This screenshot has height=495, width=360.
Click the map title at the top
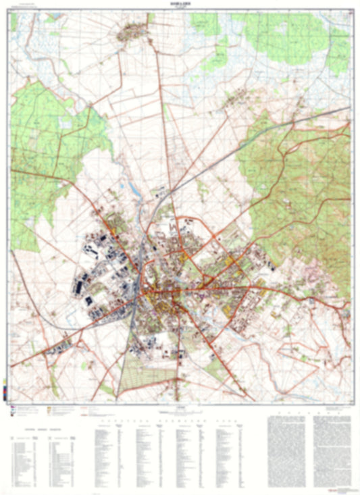coord(180,5)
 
